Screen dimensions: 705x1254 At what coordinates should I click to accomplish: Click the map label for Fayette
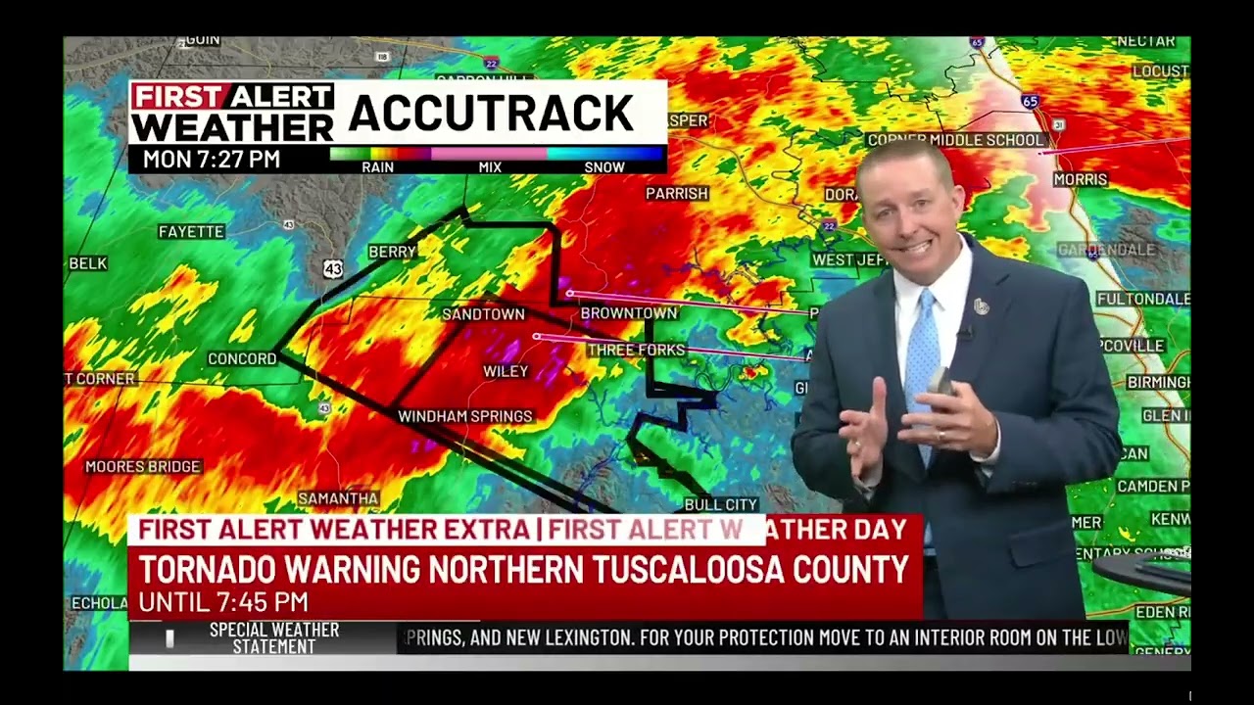pyautogui.click(x=191, y=232)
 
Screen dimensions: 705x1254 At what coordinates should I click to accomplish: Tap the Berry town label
pyautogui.click(x=392, y=253)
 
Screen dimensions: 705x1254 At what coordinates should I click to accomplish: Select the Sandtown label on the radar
pyautogui.click(x=483, y=314)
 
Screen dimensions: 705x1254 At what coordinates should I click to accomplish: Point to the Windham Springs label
pyautogui.click(x=464, y=416)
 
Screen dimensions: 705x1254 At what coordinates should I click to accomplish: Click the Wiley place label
pyautogui.click(x=506, y=371)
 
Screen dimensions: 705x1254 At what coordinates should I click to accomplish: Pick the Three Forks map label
pyautogui.click(x=636, y=350)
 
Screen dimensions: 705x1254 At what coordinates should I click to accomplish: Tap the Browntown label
pyautogui.click(x=628, y=313)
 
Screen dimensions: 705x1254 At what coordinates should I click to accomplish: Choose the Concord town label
pyautogui.click(x=242, y=359)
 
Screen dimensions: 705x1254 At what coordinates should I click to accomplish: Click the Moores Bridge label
pyautogui.click(x=143, y=467)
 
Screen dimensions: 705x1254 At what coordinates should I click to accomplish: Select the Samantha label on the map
pyautogui.click(x=338, y=498)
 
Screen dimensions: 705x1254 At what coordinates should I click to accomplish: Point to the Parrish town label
pyautogui.click(x=676, y=194)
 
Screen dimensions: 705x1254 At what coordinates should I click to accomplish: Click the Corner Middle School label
pyautogui.click(x=955, y=140)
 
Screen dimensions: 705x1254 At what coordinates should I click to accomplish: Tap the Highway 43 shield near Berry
pyautogui.click(x=333, y=268)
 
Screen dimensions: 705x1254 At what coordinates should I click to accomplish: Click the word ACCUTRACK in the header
pyautogui.click(x=491, y=114)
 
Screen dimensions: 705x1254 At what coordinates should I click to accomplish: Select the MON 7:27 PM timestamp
pyautogui.click(x=212, y=159)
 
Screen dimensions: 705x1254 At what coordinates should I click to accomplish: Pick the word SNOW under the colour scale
pyautogui.click(x=604, y=167)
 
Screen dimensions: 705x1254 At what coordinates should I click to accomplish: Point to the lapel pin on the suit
pyautogui.click(x=982, y=306)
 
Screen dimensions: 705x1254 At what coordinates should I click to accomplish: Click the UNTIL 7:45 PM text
pyautogui.click(x=223, y=601)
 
